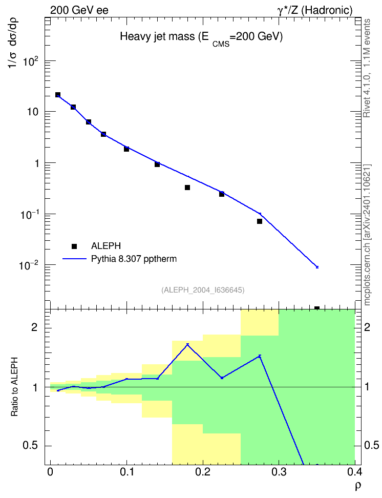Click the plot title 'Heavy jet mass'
pos(157,37)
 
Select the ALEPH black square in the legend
pos(74,246)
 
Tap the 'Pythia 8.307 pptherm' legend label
pos(134,259)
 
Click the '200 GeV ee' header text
pos(79,10)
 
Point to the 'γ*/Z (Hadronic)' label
pos(315,10)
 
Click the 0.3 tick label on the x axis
pos(279,472)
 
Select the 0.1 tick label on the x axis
pos(126,472)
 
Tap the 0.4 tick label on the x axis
pos(354,472)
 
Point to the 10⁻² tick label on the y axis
pos(31,265)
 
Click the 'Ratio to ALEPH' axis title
pos(14,386)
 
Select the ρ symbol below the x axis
pos(358,486)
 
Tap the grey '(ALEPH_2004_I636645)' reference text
pos(203,290)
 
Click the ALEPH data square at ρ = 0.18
pos(187,188)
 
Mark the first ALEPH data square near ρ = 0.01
pos(58,95)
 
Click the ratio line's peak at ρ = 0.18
pos(187,344)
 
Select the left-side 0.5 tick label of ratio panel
pos(30,445)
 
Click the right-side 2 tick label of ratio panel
pos(367,327)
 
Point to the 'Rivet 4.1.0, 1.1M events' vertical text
pos(367,68)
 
